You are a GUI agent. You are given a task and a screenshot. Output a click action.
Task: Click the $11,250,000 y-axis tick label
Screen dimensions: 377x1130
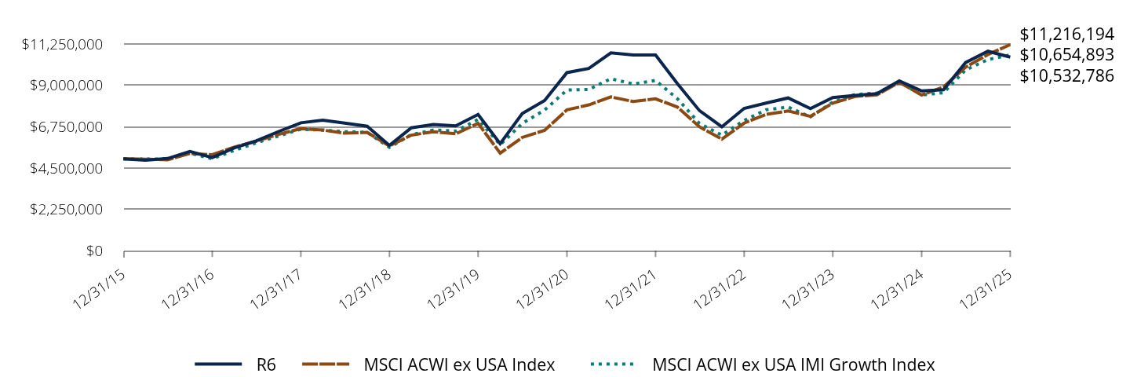(x=64, y=44)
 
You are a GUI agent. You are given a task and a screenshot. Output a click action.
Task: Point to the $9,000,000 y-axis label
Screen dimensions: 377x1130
(x=67, y=86)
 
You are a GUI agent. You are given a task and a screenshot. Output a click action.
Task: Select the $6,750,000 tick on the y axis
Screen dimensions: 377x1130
(x=67, y=127)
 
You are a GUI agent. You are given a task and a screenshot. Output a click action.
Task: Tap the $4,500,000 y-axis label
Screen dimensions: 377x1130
(x=67, y=169)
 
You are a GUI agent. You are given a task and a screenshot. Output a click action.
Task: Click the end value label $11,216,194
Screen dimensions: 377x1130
(x=1066, y=35)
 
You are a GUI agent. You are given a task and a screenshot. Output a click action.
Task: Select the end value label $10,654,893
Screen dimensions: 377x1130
(x=1066, y=55)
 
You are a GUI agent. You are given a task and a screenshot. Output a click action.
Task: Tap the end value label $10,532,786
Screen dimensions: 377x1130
(x=1066, y=76)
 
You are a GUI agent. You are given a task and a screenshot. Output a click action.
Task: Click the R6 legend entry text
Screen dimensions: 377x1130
(x=266, y=364)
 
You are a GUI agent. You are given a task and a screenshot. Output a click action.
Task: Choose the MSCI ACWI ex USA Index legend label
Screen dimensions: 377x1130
(x=459, y=364)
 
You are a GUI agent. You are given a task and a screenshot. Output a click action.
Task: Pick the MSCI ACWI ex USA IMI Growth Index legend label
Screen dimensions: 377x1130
(x=793, y=364)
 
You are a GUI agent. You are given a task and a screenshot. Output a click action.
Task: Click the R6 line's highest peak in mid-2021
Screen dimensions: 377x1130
(x=611, y=53)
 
